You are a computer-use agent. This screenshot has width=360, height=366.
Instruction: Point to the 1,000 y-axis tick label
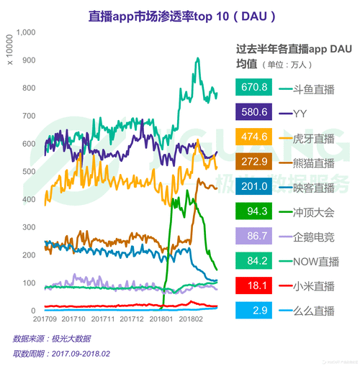pyautogui.click(x=25, y=33)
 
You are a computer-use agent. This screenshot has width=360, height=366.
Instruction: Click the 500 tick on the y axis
pyautogui.click(x=28, y=171)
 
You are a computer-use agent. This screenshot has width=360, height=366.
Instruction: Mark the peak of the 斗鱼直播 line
pyautogui.click(x=197, y=59)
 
